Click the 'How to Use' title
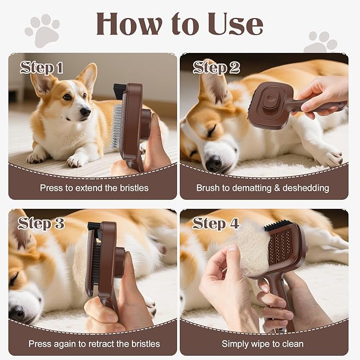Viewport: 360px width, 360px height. (x=179, y=24)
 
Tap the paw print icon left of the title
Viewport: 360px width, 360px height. (x=42, y=31)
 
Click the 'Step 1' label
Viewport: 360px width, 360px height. (x=41, y=67)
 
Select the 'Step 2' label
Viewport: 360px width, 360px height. (x=216, y=67)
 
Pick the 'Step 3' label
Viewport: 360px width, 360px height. (x=41, y=223)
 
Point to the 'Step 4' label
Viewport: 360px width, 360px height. (x=216, y=223)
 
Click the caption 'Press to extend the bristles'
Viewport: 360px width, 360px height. (x=94, y=188)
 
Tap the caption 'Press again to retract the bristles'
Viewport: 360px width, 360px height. (x=94, y=344)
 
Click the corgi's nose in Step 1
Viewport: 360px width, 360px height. (x=85, y=111)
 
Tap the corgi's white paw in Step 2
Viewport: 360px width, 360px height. (x=331, y=157)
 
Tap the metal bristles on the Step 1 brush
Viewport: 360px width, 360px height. (x=116, y=125)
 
